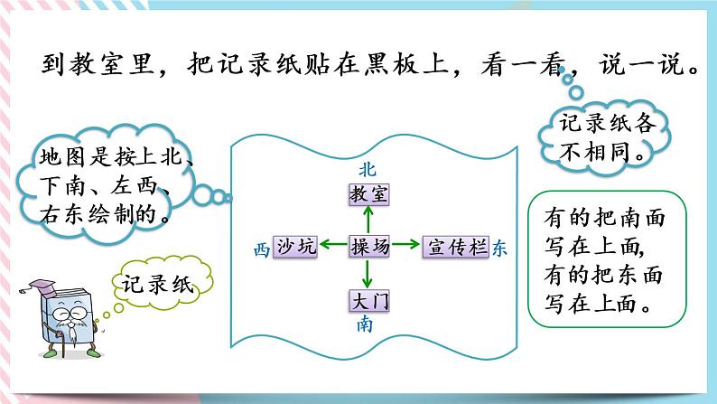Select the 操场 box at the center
[367, 246]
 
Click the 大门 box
[367, 301]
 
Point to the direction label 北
[366, 168]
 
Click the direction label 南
[365, 325]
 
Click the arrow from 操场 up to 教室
[367, 219]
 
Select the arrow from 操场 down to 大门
[367, 273]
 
